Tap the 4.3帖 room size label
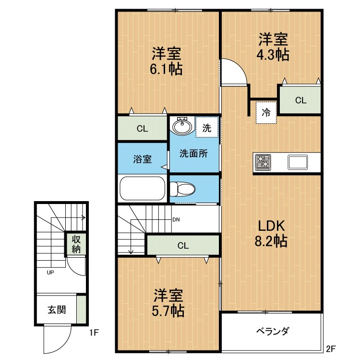274,54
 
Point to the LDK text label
272,226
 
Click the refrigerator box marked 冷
266,113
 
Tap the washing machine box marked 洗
206,128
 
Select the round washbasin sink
181,127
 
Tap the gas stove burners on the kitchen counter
263,162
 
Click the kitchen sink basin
298,162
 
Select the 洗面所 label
193,154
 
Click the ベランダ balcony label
272,332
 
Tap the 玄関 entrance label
57,310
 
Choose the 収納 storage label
76,244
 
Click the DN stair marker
176,220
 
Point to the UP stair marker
50,273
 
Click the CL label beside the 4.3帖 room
300,101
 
